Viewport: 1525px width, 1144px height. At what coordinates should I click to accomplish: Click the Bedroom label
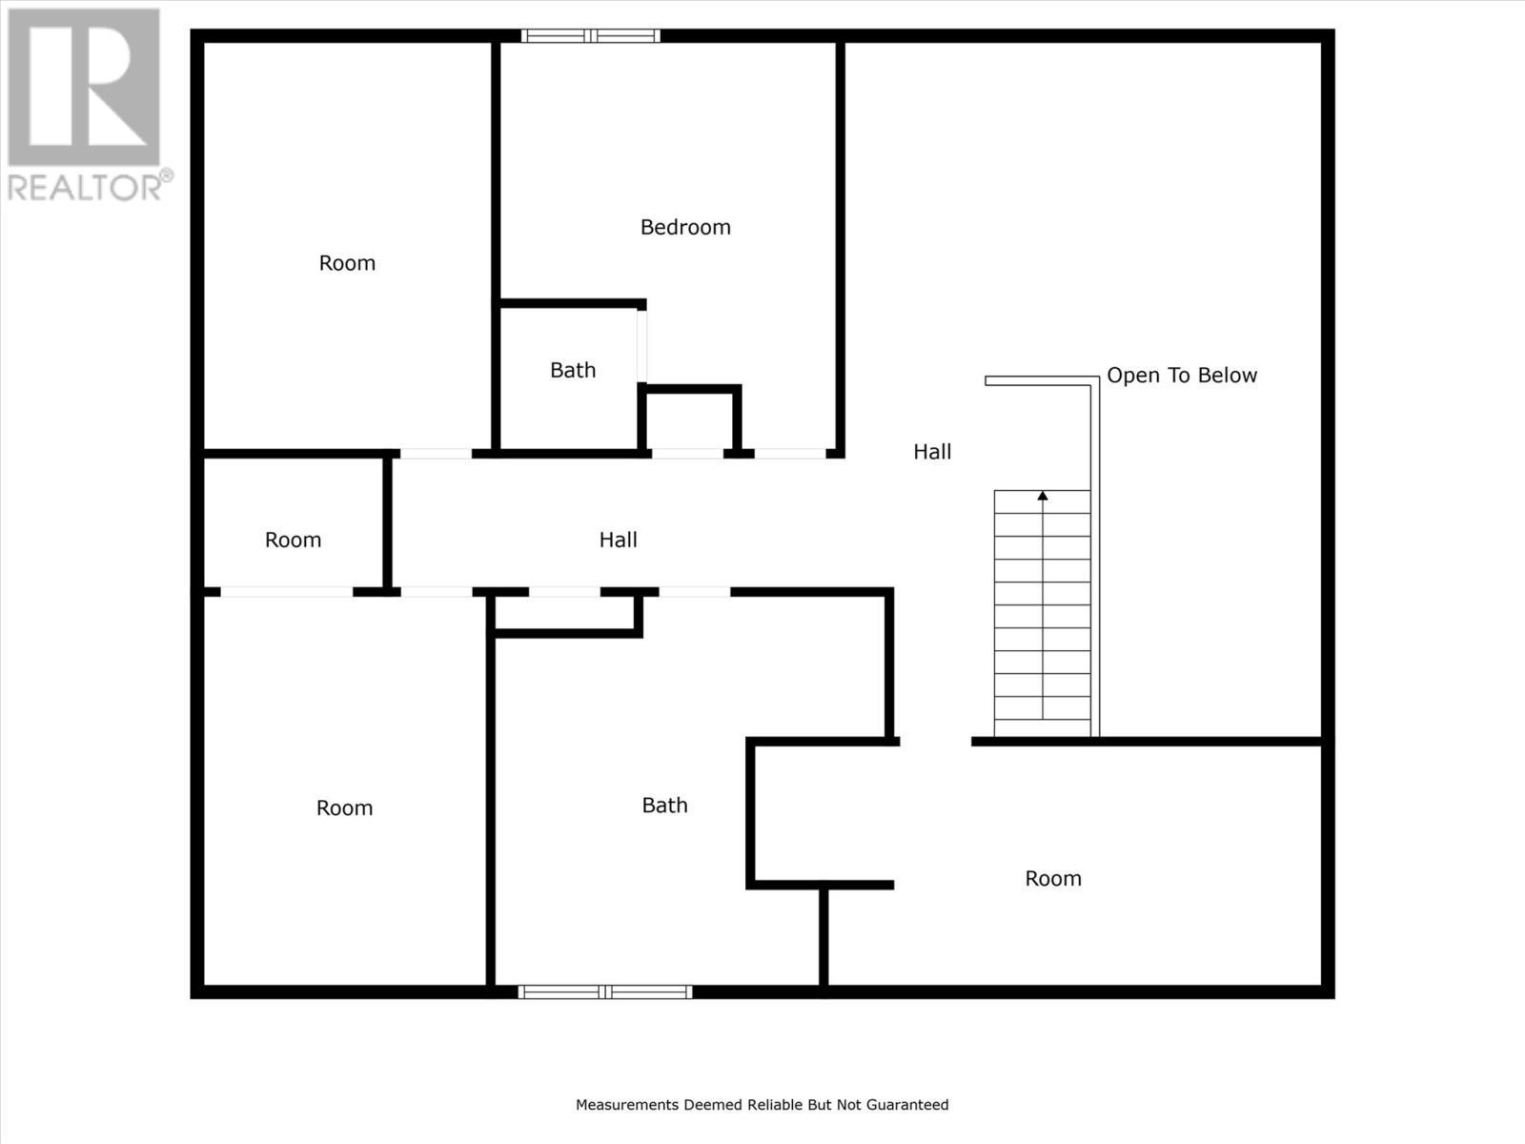tap(685, 227)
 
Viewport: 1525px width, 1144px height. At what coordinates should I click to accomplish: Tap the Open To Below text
tap(1182, 376)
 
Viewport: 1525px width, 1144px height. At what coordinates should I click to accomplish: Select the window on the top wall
tap(591, 36)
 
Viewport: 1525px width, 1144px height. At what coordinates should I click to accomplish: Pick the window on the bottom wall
tap(605, 991)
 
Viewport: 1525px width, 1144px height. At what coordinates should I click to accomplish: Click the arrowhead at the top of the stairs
tap(1043, 496)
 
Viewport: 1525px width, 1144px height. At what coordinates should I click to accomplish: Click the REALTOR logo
tap(84, 88)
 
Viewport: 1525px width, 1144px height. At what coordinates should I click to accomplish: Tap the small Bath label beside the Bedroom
tap(573, 370)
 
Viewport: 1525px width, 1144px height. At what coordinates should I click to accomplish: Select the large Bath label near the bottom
tap(664, 806)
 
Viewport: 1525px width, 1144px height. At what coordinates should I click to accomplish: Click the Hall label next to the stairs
tap(932, 452)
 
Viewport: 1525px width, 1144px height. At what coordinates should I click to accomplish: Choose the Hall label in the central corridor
tap(618, 540)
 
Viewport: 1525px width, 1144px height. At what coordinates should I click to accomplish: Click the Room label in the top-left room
tap(347, 263)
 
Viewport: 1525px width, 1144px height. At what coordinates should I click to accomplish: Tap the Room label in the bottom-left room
tap(344, 808)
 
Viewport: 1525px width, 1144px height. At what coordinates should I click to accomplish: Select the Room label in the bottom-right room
tap(1053, 879)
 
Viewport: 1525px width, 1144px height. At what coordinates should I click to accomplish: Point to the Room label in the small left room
tap(293, 540)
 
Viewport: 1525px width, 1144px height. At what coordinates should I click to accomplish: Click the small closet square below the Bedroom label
tap(690, 420)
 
